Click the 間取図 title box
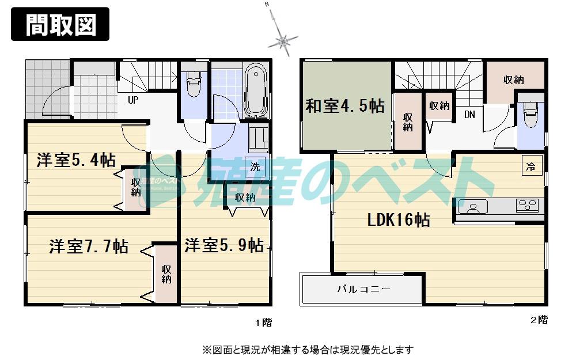[60, 24]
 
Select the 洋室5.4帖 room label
[75, 160]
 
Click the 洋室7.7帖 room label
[88, 247]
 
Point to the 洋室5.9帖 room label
[224, 245]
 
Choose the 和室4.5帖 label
[344, 107]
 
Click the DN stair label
[470, 115]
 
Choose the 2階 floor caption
[539, 320]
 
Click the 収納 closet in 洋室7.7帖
[166, 274]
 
